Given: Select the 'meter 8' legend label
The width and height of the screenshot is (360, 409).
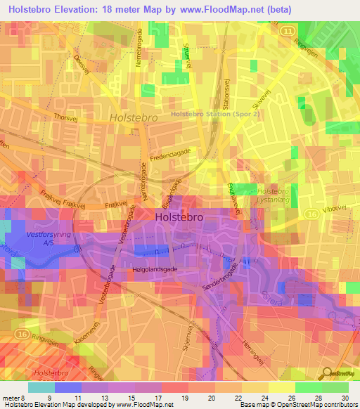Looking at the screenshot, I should tap(13, 398).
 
